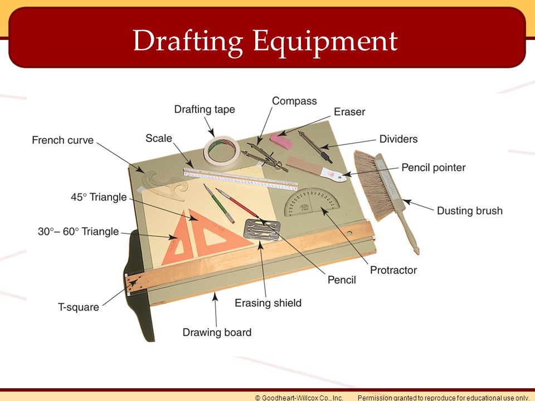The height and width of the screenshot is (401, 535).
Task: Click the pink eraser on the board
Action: (281, 141)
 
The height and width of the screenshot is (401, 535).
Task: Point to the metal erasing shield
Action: (262, 229)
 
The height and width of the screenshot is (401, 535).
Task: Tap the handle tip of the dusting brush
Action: (416, 251)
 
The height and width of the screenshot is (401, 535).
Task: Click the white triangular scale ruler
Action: (241, 179)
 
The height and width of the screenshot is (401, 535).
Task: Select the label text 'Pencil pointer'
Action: (434, 168)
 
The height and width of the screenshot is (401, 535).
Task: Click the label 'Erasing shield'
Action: (268, 303)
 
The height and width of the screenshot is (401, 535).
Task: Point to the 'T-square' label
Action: (79, 307)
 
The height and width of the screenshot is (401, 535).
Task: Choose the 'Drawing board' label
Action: (217, 332)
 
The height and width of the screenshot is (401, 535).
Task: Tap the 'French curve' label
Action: (63, 140)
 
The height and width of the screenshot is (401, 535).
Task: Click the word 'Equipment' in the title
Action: (325, 42)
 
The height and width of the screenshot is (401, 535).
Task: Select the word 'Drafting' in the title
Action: (188, 42)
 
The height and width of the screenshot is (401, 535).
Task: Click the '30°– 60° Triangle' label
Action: (79, 231)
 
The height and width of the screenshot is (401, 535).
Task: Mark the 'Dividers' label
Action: (398, 139)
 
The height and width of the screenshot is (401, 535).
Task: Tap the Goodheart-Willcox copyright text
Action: (299, 398)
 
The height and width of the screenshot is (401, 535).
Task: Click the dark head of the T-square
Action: (138, 286)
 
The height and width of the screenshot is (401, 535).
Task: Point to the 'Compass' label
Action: (294, 101)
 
